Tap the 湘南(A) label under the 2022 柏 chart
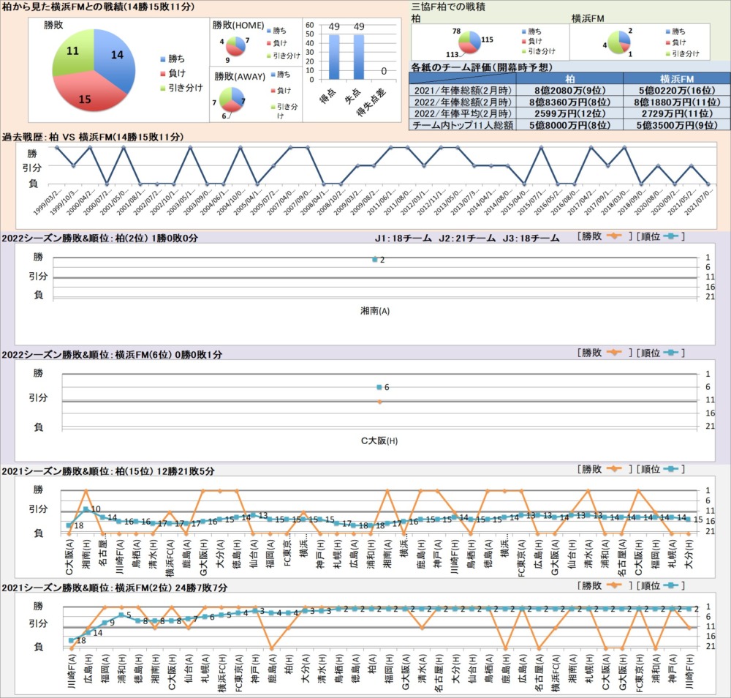pyautogui.click(x=375, y=311)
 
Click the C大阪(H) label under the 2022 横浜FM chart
pyautogui.click(x=379, y=441)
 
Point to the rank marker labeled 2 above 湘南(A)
pyautogui.click(x=375, y=259)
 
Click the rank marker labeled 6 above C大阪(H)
pyautogui.click(x=379, y=387)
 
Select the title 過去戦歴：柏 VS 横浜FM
pyautogui.click(x=94, y=137)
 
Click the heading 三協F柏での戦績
pyautogui.click(x=449, y=6)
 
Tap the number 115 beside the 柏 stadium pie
pyautogui.click(x=488, y=40)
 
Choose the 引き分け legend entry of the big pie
pyautogui.click(x=180, y=88)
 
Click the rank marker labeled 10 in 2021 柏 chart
pyautogui.click(x=86, y=509)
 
